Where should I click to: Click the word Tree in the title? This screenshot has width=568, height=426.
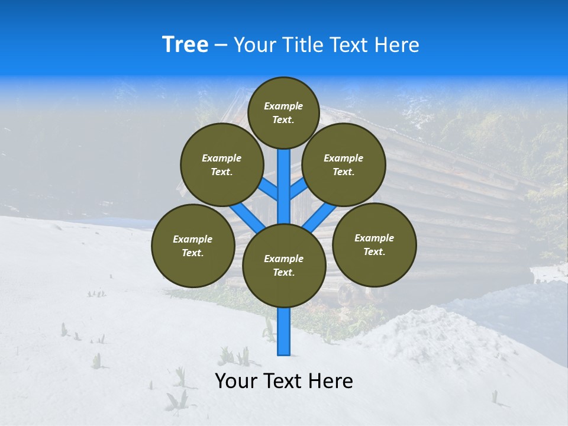[185, 45]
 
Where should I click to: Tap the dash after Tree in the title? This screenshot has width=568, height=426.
[221, 46]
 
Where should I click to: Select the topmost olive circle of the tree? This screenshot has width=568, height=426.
[283, 113]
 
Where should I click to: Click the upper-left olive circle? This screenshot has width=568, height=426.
[221, 165]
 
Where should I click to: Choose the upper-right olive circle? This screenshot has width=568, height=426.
[343, 165]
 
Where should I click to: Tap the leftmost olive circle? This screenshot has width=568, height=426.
[193, 246]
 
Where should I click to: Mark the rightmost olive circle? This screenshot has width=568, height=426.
[374, 245]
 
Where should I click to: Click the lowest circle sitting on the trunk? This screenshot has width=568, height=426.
[284, 266]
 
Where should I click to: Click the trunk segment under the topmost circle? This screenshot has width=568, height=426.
[284, 177]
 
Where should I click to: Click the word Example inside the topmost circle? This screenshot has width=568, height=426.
[283, 106]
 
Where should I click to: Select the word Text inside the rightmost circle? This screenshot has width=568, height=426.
[374, 251]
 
